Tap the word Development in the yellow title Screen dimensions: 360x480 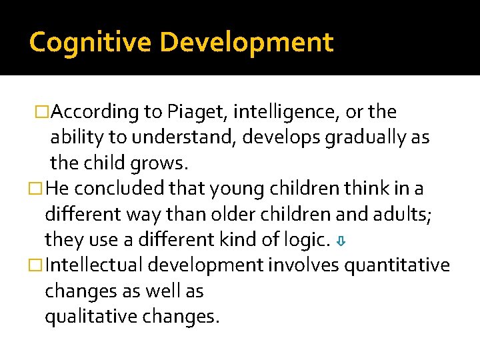pos(246,42)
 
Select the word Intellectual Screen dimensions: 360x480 pos(95,265)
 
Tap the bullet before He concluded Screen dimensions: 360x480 pos(39,189)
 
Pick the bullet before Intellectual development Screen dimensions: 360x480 pos(39,266)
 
